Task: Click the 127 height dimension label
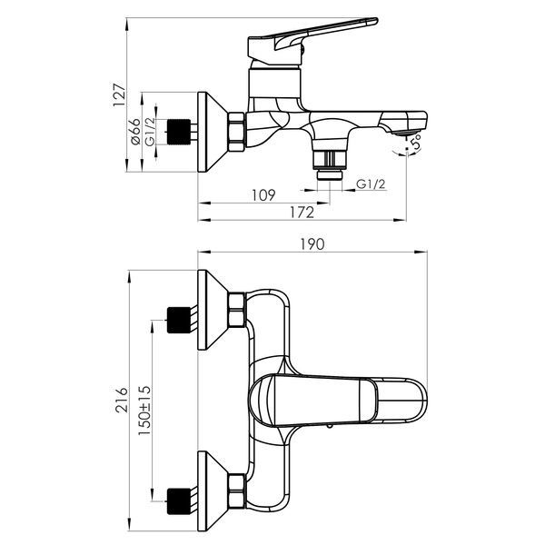[x=119, y=94]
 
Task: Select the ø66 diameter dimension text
[x=135, y=132]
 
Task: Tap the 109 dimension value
[x=263, y=195]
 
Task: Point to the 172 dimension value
[x=302, y=213]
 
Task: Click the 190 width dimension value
[x=312, y=244]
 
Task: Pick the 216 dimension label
[x=122, y=400]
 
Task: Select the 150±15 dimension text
[x=145, y=411]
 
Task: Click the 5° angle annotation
[x=416, y=143]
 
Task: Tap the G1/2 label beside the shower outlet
[x=371, y=183]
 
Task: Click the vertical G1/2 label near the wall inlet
[x=150, y=132]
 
